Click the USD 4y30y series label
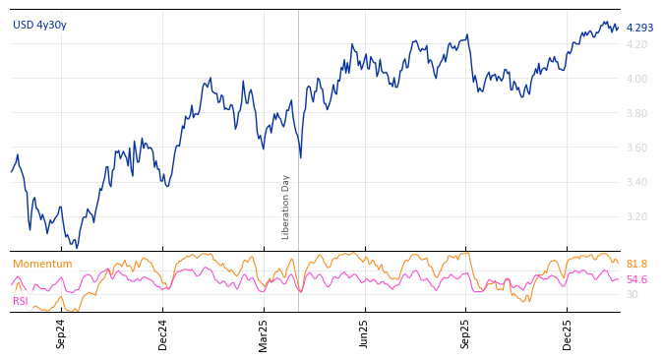[x=39, y=25]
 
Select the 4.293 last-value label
[x=639, y=28]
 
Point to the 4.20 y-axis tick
[x=636, y=44]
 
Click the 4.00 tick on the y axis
[x=636, y=79]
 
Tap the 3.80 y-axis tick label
[x=636, y=113]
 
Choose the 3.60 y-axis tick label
[x=636, y=148]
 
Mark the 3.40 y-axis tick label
[x=636, y=182]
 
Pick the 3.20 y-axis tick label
[x=636, y=216]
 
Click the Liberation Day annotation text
[x=286, y=207]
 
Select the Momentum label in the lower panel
[x=42, y=264]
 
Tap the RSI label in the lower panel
[x=21, y=301]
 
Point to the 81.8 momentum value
[x=636, y=264]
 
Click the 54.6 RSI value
[x=636, y=279]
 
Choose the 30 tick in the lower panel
[x=632, y=294]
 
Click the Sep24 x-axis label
[x=61, y=333]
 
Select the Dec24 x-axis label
[x=163, y=333]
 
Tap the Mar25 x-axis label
[x=264, y=333]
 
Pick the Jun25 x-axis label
[x=365, y=333]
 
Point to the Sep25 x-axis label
[x=466, y=333]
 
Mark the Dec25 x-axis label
[x=568, y=333]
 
